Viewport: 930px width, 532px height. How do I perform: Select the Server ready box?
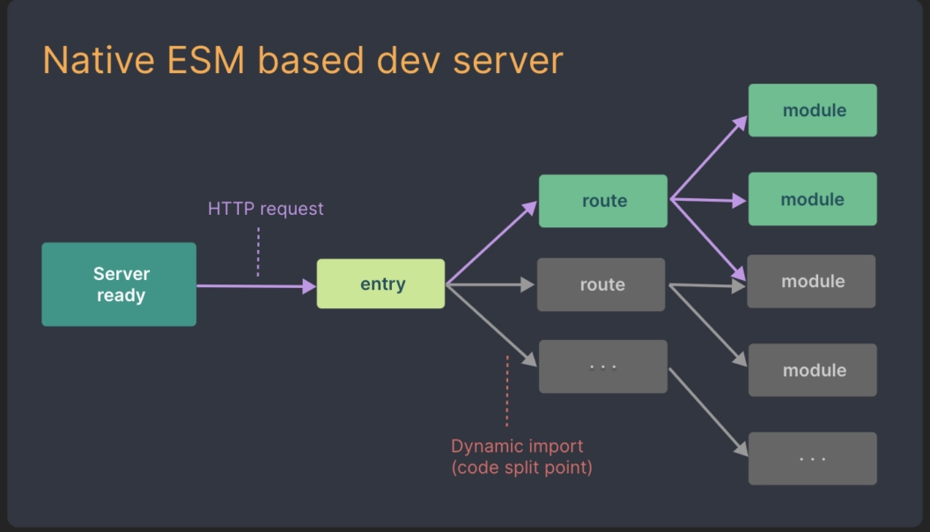point(119,284)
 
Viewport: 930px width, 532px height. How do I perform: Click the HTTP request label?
point(265,209)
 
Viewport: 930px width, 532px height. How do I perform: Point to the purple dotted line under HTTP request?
point(258,252)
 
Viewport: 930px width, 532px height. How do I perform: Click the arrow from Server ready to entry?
point(255,285)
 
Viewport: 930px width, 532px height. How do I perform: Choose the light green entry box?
point(380,284)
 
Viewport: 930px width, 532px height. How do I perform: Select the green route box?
point(603,201)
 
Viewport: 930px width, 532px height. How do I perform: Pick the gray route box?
point(602,284)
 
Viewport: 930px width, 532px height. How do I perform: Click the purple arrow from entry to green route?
point(491,243)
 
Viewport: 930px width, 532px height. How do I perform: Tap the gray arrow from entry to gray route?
point(490,284)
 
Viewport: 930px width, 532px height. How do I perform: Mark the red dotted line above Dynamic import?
point(507,391)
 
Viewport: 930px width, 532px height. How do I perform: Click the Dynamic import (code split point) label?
point(520,457)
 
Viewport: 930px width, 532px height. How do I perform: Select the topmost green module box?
point(813,110)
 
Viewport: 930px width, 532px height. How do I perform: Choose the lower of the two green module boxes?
point(813,199)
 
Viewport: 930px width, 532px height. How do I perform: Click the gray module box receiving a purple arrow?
point(811,282)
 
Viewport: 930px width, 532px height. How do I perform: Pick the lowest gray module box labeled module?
point(813,370)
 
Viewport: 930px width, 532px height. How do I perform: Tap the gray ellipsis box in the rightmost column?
point(813,458)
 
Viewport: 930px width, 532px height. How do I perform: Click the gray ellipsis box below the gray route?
point(603,366)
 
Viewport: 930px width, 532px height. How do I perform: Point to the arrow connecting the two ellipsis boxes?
point(708,412)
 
